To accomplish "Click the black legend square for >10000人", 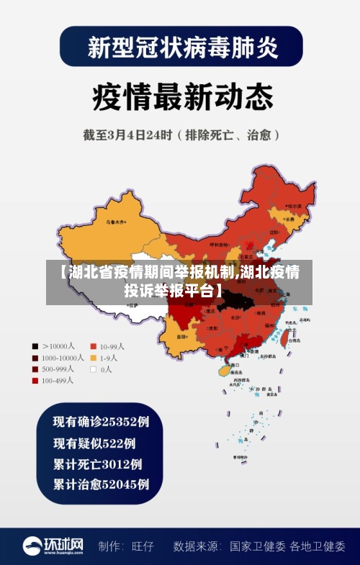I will [x=34, y=345].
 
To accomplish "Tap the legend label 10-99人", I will [x=112, y=345].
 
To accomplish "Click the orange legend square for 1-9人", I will [x=93, y=357].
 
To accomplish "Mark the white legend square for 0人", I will [x=93, y=369].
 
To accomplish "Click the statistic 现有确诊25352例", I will [x=101, y=421].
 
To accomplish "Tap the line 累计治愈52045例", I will [x=101, y=484].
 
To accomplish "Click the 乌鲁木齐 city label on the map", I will [x=114, y=222].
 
